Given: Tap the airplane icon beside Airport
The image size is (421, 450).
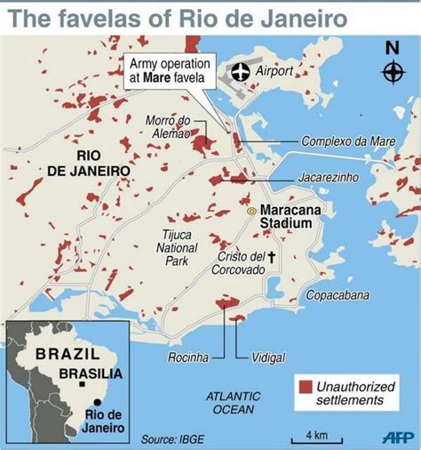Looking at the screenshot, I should pos(239,72).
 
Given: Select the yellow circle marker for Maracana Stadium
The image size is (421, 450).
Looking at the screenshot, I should pos(251,211).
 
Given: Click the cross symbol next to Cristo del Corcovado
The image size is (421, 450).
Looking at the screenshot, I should pos(273,257).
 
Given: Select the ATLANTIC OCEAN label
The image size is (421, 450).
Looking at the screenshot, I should pos(230,402).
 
